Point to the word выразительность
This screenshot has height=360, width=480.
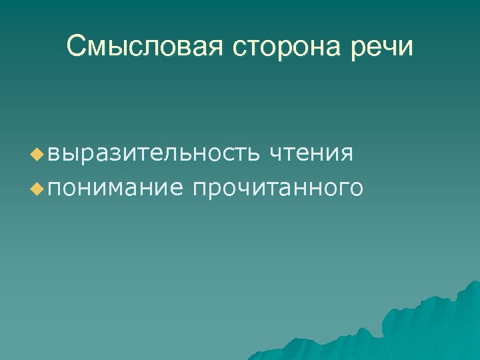(154, 154)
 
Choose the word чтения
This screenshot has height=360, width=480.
(311, 154)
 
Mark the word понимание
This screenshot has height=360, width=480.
(114, 189)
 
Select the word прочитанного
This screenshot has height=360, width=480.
(277, 189)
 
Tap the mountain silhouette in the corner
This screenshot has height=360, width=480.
(427, 327)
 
